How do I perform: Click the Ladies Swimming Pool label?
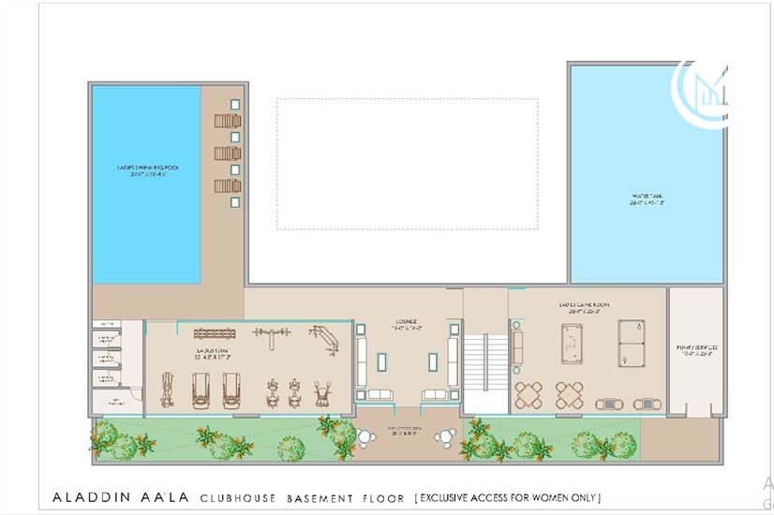point(147,171)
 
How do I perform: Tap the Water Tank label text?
point(647,199)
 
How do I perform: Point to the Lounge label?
point(406,325)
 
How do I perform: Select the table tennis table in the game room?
point(632,344)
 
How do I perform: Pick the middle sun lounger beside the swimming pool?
point(227,153)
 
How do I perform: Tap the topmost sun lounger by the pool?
point(227,120)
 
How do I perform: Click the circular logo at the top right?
point(703,92)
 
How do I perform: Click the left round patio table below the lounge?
point(365,436)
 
